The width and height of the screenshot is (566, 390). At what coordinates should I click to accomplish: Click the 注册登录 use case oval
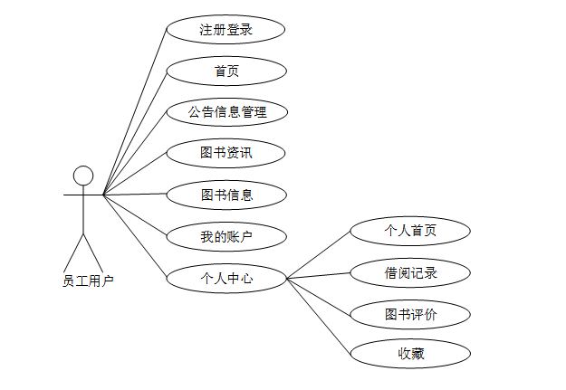click(226, 29)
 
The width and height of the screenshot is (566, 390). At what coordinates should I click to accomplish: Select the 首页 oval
click(226, 71)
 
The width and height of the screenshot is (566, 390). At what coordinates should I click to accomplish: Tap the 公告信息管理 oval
click(226, 112)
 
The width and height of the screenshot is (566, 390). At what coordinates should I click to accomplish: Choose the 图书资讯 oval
click(226, 153)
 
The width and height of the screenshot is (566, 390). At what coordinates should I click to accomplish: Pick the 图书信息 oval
click(226, 194)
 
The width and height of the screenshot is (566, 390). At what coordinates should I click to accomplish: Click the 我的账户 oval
click(226, 237)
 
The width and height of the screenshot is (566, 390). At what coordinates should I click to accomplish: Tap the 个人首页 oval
click(410, 230)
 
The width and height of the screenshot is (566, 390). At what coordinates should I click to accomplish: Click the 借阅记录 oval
click(410, 272)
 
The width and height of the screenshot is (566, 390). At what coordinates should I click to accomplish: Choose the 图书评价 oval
click(410, 314)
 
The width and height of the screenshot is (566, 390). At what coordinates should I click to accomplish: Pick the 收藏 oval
click(410, 354)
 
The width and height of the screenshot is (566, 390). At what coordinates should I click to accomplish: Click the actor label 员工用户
click(88, 281)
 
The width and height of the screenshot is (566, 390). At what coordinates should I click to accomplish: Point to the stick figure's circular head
click(83, 176)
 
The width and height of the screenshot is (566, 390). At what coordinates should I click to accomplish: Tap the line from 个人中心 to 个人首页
click(319, 254)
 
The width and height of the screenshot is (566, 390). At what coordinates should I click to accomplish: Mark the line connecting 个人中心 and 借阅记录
click(319, 275)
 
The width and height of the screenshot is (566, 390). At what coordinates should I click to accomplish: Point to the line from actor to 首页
click(136, 131)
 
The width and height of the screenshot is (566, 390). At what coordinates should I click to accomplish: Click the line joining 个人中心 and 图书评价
click(319, 297)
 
